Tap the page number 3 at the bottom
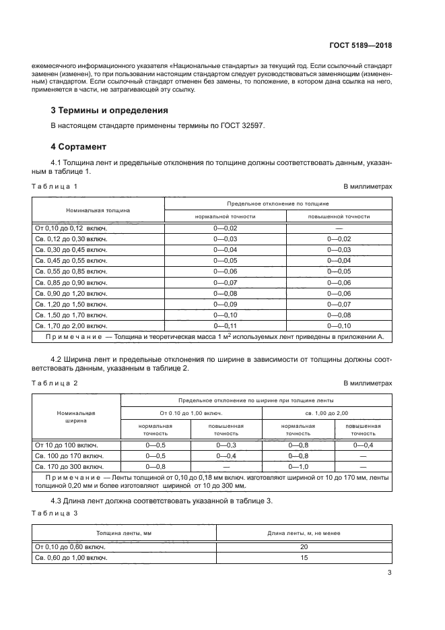click(x=389, y=573)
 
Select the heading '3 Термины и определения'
click(x=110, y=110)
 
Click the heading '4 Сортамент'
click(x=79, y=146)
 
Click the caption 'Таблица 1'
click(x=55, y=185)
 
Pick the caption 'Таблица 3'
click(x=55, y=513)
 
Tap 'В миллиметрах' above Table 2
click(x=368, y=383)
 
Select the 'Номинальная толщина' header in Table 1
click(x=98, y=210)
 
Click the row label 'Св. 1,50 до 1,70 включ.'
click(x=71, y=315)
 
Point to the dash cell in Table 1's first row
click(x=339, y=228)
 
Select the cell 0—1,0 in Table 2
click(x=298, y=466)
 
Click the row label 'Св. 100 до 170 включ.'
click(x=68, y=455)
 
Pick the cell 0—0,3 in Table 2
click(x=226, y=445)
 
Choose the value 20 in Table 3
click(x=304, y=547)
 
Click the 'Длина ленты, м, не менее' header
click(x=304, y=533)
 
